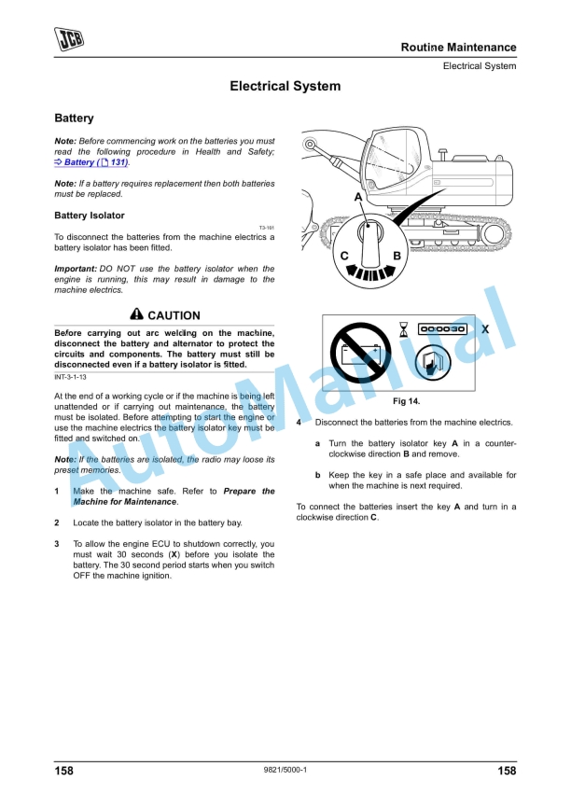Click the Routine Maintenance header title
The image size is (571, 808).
pyautogui.click(x=458, y=48)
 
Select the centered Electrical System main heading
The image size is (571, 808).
pyautogui.click(x=285, y=87)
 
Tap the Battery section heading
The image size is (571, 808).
pyautogui.click(x=74, y=119)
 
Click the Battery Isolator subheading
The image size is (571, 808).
pyautogui.click(x=90, y=216)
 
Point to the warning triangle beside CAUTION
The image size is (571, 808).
pyautogui.click(x=137, y=314)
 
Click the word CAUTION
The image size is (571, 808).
pyautogui.click(x=174, y=315)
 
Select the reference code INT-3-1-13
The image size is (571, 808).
pyautogui.click(x=70, y=377)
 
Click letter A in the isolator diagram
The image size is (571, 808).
pyautogui.click(x=358, y=198)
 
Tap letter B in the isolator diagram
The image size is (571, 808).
pyautogui.click(x=397, y=255)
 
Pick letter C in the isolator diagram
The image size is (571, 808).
pyautogui.click(x=344, y=255)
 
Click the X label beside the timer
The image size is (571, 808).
pyautogui.click(x=485, y=329)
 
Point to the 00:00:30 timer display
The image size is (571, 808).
pyautogui.click(x=443, y=329)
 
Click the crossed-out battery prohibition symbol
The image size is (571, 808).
pyautogui.click(x=362, y=355)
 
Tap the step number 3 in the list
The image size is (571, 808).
pyautogui.click(x=57, y=543)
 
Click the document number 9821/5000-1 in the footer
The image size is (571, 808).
pyautogui.click(x=285, y=771)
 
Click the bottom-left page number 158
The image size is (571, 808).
pyautogui.click(x=63, y=771)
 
